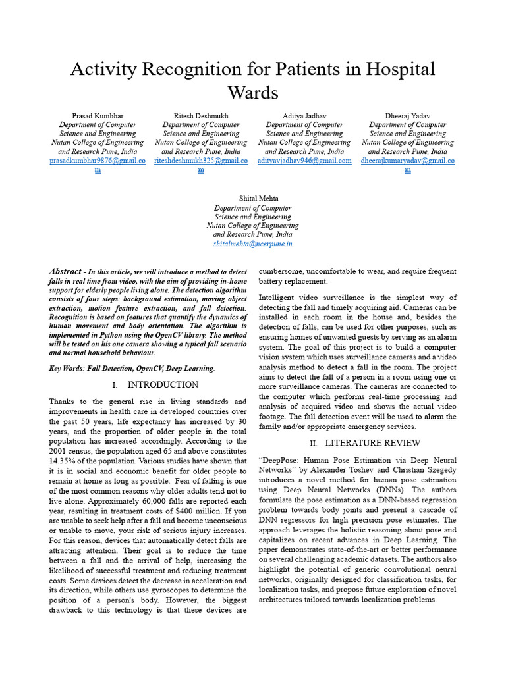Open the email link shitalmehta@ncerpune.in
[x=252, y=244]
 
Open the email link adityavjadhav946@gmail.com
[x=304, y=161]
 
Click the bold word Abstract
[x=66, y=271]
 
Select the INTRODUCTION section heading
[x=163, y=384]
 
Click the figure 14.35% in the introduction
[x=63, y=452]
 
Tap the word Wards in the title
[x=252, y=92]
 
